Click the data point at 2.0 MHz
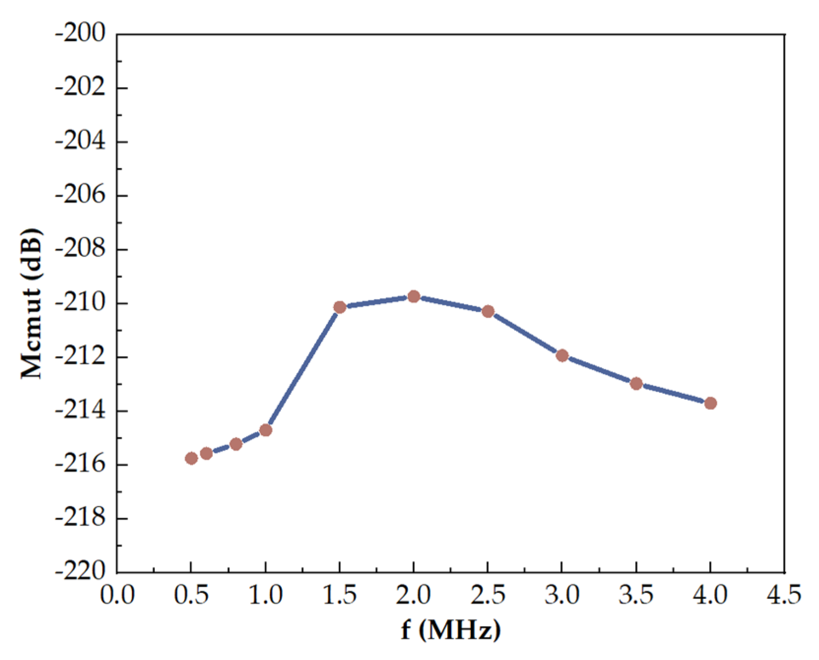coord(414,297)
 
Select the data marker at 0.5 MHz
coord(192,459)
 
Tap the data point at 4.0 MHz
coord(710,403)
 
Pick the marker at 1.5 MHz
coord(340,307)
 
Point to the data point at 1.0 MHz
coord(265,430)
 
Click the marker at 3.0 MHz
coord(562,356)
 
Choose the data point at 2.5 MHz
coord(488,311)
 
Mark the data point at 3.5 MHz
coord(636,384)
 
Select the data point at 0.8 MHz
coord(236,444)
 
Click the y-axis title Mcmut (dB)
coord(32,303)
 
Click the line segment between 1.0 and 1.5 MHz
coord(303,368)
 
